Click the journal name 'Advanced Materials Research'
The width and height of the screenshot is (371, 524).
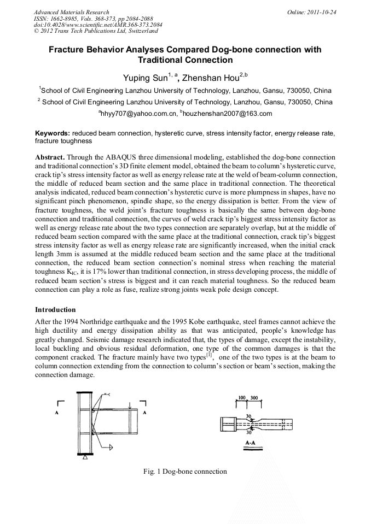[x=71, y=12]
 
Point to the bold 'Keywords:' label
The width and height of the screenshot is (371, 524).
[x=53, y=133]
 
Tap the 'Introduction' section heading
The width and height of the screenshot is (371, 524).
[x=55, y=310]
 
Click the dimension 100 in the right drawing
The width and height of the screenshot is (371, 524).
[x=241, y=398]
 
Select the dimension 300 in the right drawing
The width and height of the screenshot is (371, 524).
[x=254, y=398]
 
